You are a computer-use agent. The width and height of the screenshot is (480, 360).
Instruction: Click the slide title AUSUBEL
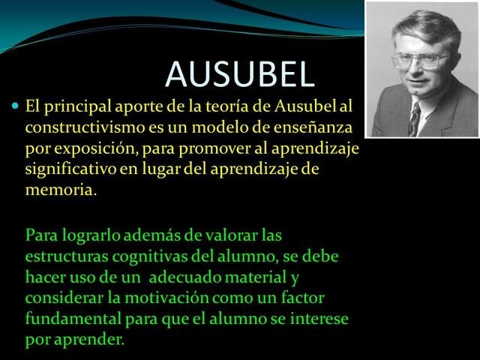point(239,73)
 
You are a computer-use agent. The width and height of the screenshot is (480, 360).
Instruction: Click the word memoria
point(60,189)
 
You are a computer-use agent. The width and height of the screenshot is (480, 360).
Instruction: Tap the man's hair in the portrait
point(420,26)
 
